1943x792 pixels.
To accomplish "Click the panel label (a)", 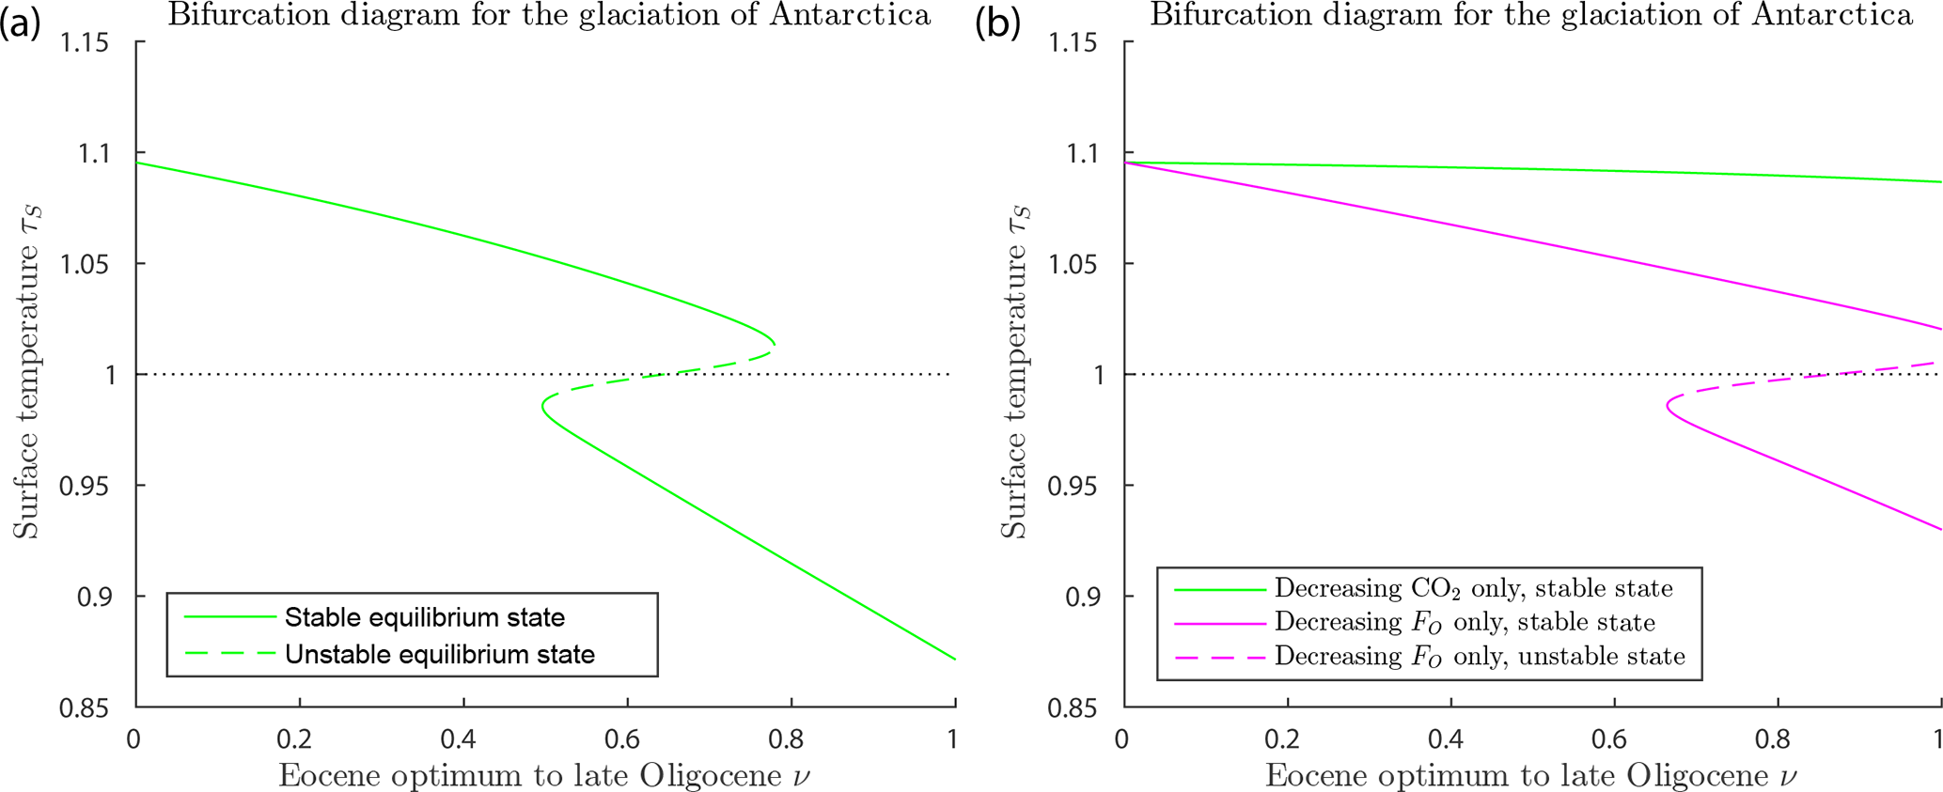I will (x=21, y=22).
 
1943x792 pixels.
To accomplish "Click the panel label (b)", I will (x=998, y=22).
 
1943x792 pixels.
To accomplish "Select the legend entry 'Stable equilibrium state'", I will (x=424, y=617).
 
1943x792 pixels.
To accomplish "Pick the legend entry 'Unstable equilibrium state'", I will (x=439, y=654).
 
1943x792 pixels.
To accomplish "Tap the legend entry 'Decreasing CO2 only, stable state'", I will (x=1473, y=589).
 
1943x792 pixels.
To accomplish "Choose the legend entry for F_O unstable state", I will (x=1479, y=656).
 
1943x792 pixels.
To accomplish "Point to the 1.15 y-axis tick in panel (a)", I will (x=85, y=42).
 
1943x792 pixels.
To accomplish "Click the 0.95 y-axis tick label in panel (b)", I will (x=1073, y=486).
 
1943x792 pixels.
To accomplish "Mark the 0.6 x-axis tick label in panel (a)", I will (x=623, y=738).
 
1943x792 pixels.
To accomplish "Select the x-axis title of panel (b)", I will (x=1531, y=775).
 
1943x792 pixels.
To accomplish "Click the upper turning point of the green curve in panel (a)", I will (x=775, y=344).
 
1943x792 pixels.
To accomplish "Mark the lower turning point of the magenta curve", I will (x=1668, y=406).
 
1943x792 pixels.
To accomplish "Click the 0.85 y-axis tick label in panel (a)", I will (x=85, y=707).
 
